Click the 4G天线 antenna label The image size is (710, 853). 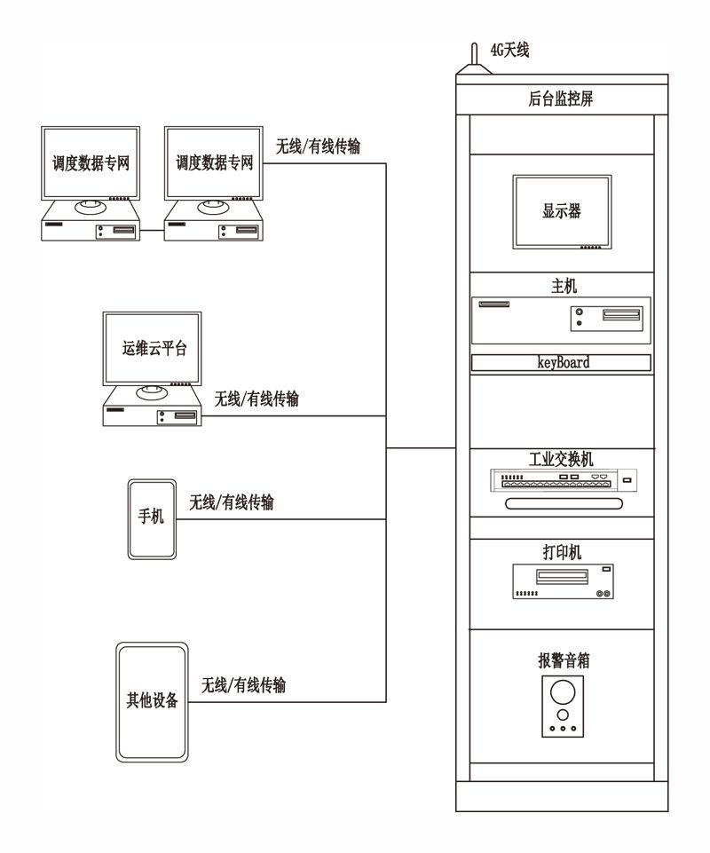[x=509, y=51]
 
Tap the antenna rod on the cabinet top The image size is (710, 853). [x=474, y=54]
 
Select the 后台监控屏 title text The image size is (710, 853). [x=560, y=99]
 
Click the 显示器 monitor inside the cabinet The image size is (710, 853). [x=562, y=212]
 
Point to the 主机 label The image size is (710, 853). [x=564, y=286]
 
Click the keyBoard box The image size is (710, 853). [x=561, y=363]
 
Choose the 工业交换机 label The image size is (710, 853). [x=561, y=459]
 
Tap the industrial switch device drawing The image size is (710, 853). [x=564, y=480]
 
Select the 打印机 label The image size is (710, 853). [x=562, y=553]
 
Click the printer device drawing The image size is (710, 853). [x=563, y=581]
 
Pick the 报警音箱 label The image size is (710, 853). [x=564, y=660]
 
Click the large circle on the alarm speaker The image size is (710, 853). [x=563, y=692]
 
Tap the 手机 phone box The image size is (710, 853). [x=152, y=519]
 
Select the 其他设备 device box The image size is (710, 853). [x=152, y=702]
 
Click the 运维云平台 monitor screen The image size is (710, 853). [x=153, y=349]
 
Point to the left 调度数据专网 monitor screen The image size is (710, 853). [x=91, y=163]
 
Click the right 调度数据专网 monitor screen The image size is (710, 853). [x=214, y=163]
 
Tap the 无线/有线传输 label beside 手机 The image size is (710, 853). [x=232, y=502]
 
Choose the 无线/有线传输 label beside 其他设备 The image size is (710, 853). [x=243, y=685]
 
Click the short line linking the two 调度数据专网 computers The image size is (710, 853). [x=152, y=230]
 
